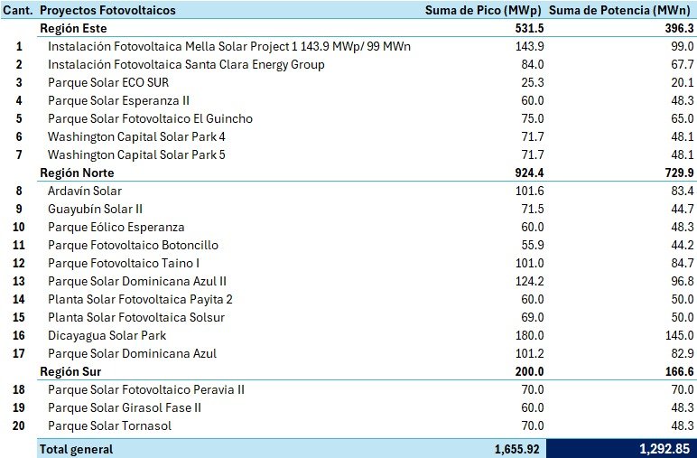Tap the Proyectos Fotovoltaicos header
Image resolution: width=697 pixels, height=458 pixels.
(x=107, y=10)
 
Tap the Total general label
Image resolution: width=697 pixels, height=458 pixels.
(x=76, y=449)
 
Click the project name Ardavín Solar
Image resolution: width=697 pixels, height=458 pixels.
(x=84, y=191)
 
